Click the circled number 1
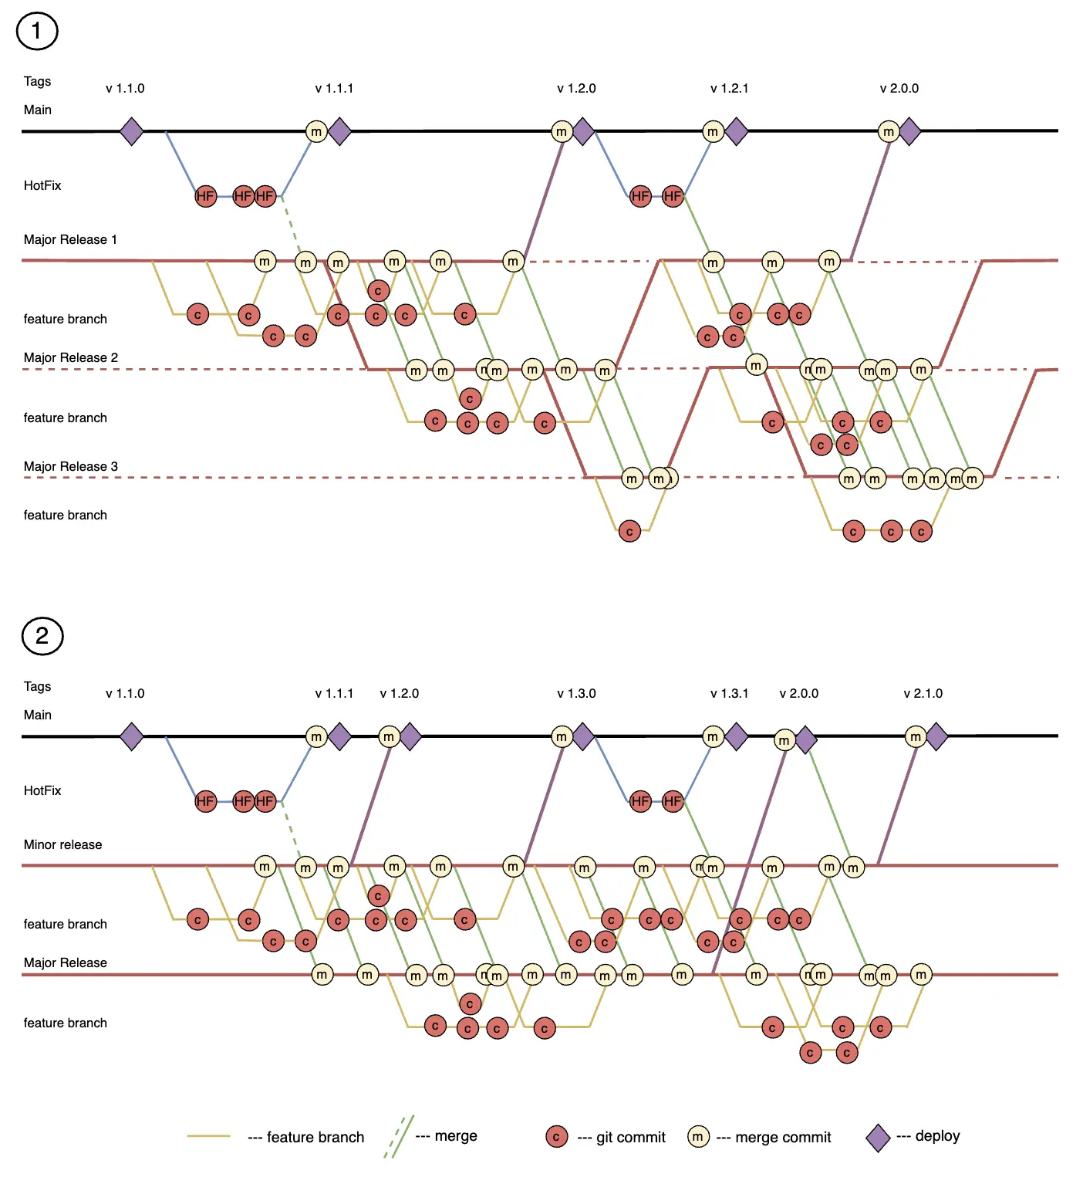[x=37, y=31]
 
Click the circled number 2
[x=42, y=636]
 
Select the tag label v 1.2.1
[x=729, y=88]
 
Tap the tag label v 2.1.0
[x=923, y=693]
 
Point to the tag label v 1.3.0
[x=576, y=693]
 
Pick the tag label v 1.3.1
[x=729, y=693]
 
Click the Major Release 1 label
[x=70, y=239]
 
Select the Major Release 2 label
[x=70, y=357]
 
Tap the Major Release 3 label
[x=70, y=466]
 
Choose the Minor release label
[x=62, y=844]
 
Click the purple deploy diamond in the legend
[x=878, y=1138]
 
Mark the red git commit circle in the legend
[x=556, y=1137]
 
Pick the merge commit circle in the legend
[x=698, y=1137]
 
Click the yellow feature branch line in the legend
[x=208, y=1136]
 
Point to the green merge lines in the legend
[x=400, y=1136]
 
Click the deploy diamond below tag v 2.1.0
[x=936, y=737]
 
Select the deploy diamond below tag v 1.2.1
[x=737, y=132]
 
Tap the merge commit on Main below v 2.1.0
[x=915, y=737]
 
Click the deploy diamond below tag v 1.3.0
[x=583, y=737]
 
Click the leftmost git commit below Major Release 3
[x=629, y=531]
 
